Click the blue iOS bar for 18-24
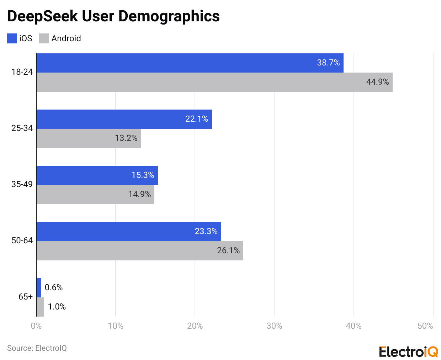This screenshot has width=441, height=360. tap(190, 63)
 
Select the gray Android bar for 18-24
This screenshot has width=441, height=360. tap(214, 82)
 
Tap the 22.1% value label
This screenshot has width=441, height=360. tap(196, 119)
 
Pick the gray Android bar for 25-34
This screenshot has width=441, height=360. tap(89, 138)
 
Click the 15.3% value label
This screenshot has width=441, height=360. tap(143, 175)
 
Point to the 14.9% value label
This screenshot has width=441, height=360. tap(139, 194)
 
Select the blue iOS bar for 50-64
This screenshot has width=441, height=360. tap(129, 232)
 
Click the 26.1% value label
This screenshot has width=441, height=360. tap(228, 250)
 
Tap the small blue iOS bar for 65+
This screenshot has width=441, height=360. tap(39, 288)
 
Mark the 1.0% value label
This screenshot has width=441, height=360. tap(57, 307)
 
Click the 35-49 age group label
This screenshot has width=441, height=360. tap(22, 184)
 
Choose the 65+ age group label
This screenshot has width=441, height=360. tap(26, 297)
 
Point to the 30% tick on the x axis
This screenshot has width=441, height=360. tap(274, 326)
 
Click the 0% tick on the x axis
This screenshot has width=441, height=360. tap(36, 326)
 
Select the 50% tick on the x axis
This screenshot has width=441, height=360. tap(425, 326)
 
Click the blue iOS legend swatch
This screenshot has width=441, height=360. tap(12, 38)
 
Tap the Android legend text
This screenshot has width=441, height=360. tap(66, 38)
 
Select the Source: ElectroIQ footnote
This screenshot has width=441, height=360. tap(37, 348)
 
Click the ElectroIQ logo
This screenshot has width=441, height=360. tap(408, 351)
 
